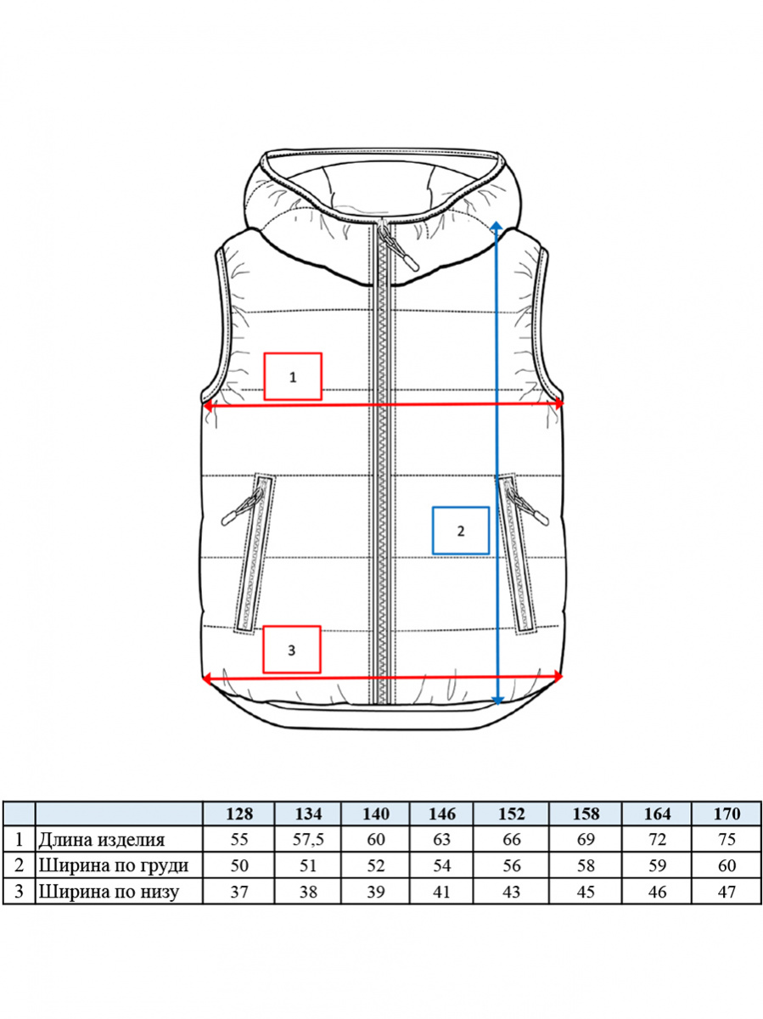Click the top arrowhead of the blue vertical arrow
point(497,227)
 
